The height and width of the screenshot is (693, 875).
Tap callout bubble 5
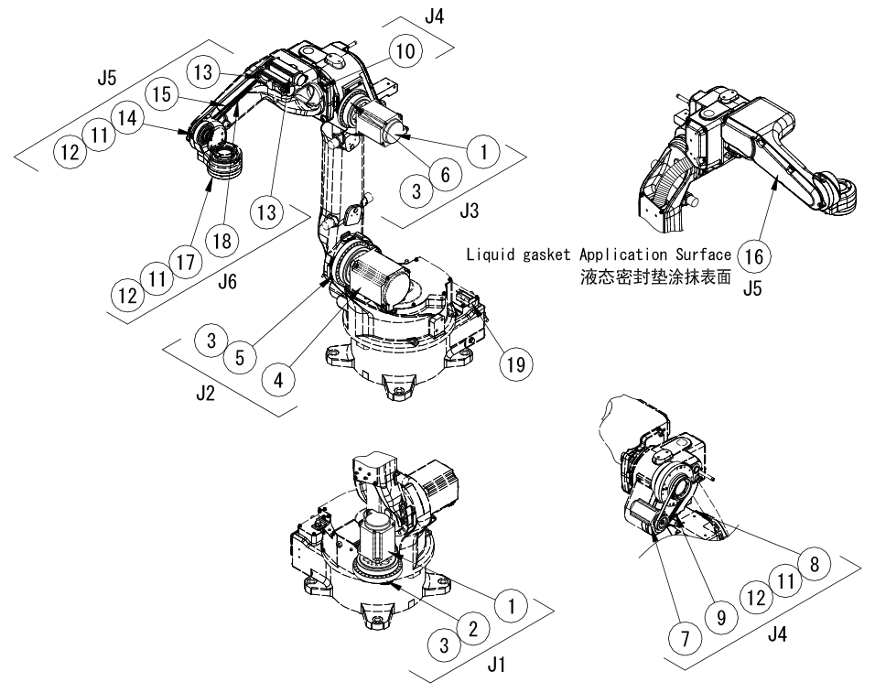click(x=240, y=357)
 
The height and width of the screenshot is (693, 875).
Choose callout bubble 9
click(x=722, y=618)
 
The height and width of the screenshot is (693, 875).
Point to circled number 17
click(x=186, y=262)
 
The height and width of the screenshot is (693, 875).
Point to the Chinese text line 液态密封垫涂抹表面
click(x=656, y=276)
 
